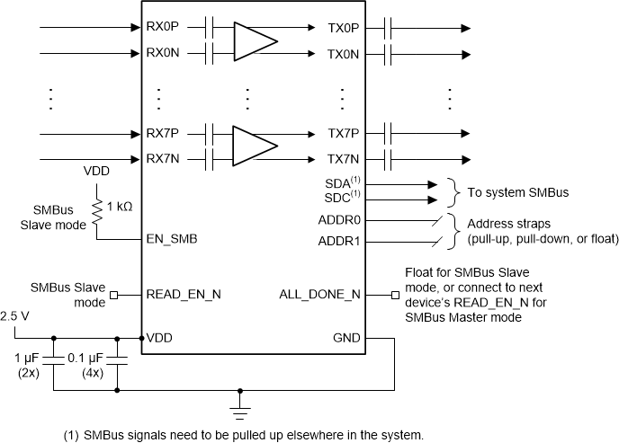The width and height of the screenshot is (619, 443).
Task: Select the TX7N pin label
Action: [x=344, y=160]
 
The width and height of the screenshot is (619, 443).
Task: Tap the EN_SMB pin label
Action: [x=171, y=240]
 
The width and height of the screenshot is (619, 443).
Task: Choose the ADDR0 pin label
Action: [x=339, y=219]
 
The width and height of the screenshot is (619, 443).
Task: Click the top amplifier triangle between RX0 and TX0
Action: [x=254, y=40]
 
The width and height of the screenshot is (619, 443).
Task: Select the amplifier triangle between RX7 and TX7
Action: [x=254, y=146]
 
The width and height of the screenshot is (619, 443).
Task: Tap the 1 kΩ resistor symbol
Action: [x=97, y=208]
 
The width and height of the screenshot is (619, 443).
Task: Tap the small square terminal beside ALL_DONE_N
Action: [x=393, y=294]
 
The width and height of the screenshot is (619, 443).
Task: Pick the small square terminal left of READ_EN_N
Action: [x=112, y=294]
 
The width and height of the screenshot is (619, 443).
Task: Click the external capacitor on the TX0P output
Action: [x=390, y=28]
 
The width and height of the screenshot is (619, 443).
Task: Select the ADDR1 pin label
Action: [x=339, y=241]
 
